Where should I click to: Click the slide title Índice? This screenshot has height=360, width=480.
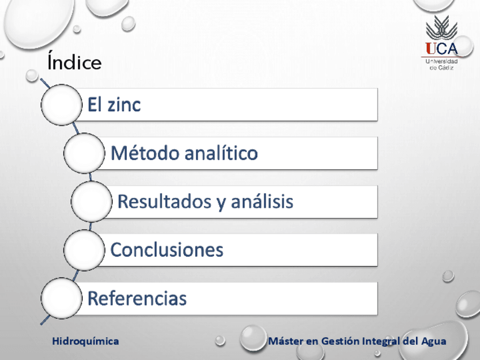click(x=74, y=61)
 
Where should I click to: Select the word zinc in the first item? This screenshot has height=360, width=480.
click(x=123, y=105)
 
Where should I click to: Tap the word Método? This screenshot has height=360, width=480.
click(x=145, y=153)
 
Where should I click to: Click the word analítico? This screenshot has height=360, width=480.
click(x=221, y=153)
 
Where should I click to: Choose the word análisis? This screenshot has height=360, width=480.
click(x=262, y=202)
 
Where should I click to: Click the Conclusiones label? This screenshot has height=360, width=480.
click(x=167, y=250)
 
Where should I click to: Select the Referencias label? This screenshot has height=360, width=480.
click(x=137, y=298)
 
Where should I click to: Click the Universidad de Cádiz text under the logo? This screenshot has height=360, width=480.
click(x=442, y=65)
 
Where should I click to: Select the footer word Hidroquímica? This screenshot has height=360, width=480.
click(x=85, y=341)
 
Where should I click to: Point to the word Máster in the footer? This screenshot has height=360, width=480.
click(x=286, y=341)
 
